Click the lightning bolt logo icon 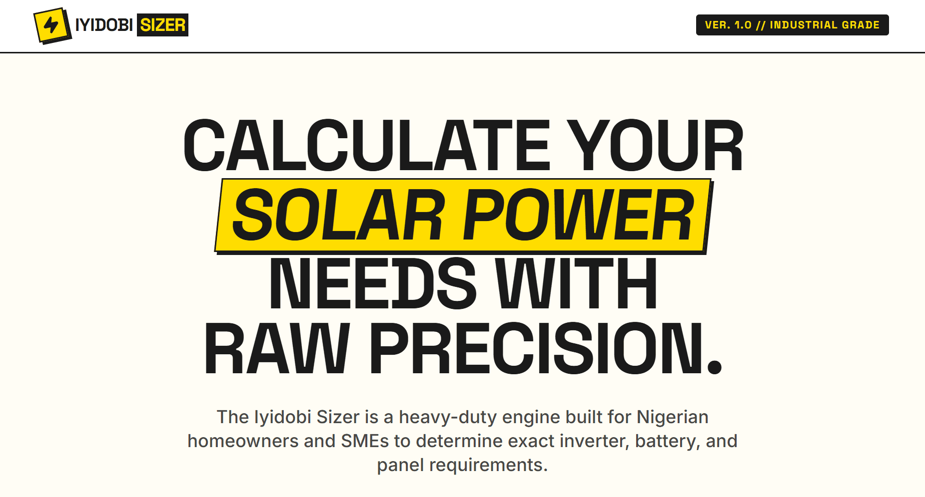click(x=51, y=25)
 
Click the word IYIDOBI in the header click(x=104, y=25)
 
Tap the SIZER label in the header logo click(x=163, y=25)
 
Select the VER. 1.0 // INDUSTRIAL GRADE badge click(x=792, y=25)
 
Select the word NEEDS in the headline click(x=373, y=283)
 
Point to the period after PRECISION click(x=715, y=366)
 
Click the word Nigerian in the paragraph click(x=672, y=417)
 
